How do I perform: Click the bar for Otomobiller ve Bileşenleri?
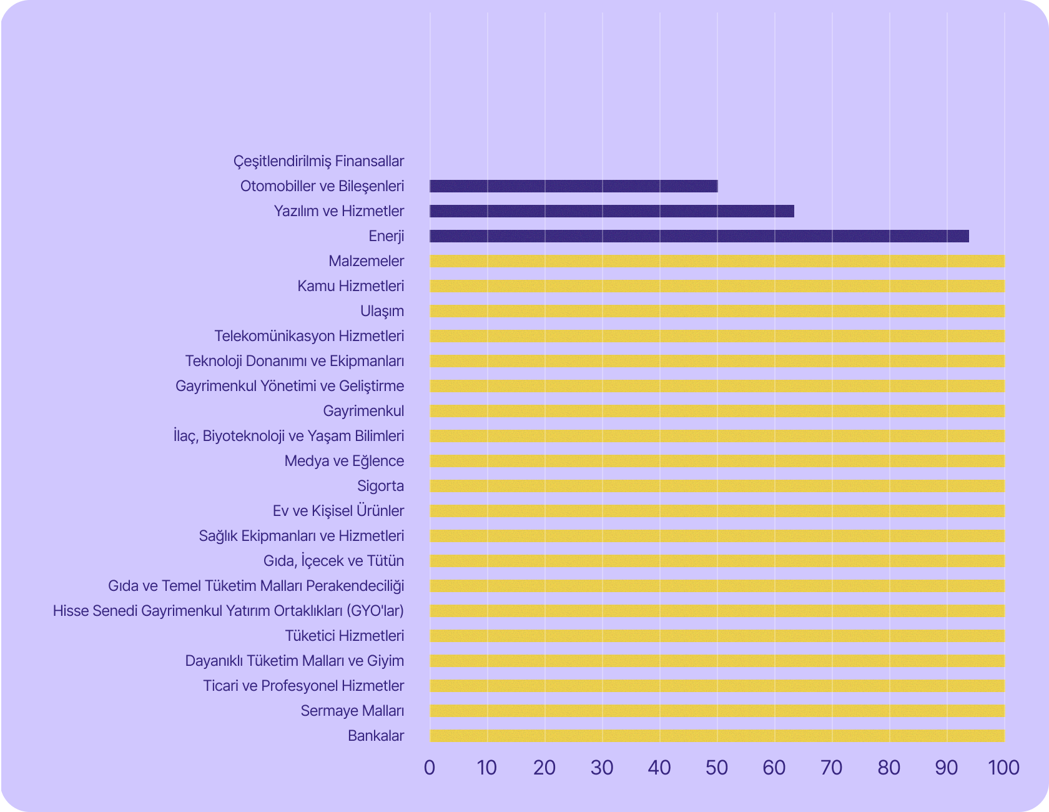click(573, 186)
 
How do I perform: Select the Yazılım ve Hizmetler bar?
click(612, 211)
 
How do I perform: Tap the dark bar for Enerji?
click(699, 236)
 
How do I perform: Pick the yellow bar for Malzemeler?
click(717, 261)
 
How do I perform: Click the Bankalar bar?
click(717, 736)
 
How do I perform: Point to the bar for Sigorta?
click(717, 486)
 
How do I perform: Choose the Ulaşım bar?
click(717, 311)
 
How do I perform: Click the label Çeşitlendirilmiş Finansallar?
click(318, 161)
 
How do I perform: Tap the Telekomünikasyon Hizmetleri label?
click(309, 336)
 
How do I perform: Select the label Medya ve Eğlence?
click(344, 461)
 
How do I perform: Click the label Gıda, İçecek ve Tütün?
click(333, 561)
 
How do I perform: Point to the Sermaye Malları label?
click(352, 711)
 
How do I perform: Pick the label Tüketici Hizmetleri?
click(345, 636)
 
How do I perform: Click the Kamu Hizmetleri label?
click(351, 286)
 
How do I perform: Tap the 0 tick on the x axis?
click(430, 768)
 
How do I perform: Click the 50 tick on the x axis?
click(717, 768)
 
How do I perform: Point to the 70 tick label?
click(832, 768)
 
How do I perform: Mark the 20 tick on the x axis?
click(544, 768)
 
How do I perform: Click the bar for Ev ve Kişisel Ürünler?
click(717, 511)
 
